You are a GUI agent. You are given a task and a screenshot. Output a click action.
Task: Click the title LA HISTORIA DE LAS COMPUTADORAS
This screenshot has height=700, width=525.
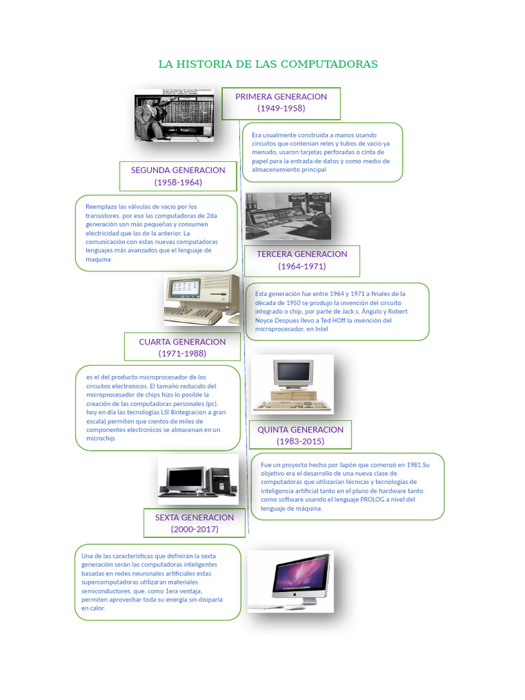pos(267,64)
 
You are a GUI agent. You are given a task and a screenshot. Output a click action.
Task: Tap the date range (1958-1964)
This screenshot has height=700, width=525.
pos(178,183)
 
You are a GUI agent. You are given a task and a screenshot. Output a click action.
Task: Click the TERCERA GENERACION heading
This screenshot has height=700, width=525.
pos(301,254)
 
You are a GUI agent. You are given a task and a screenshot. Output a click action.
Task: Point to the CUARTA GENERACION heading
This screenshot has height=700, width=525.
pos(182,341)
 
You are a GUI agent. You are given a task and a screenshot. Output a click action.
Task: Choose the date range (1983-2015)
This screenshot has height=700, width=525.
pos(300,442)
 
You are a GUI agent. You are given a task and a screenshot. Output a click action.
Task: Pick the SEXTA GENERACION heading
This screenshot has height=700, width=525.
pos(194,517)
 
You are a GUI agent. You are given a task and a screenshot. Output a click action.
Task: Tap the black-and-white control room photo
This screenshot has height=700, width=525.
pos(288,216)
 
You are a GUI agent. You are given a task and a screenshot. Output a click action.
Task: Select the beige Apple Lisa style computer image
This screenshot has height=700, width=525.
pos(202,299)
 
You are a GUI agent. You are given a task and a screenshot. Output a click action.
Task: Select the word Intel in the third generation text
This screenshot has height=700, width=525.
pos(321,329)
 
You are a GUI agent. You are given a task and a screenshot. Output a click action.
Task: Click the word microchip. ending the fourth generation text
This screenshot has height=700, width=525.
pos(101,439)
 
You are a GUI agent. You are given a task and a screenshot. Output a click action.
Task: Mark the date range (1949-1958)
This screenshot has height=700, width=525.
pos(281,109)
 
